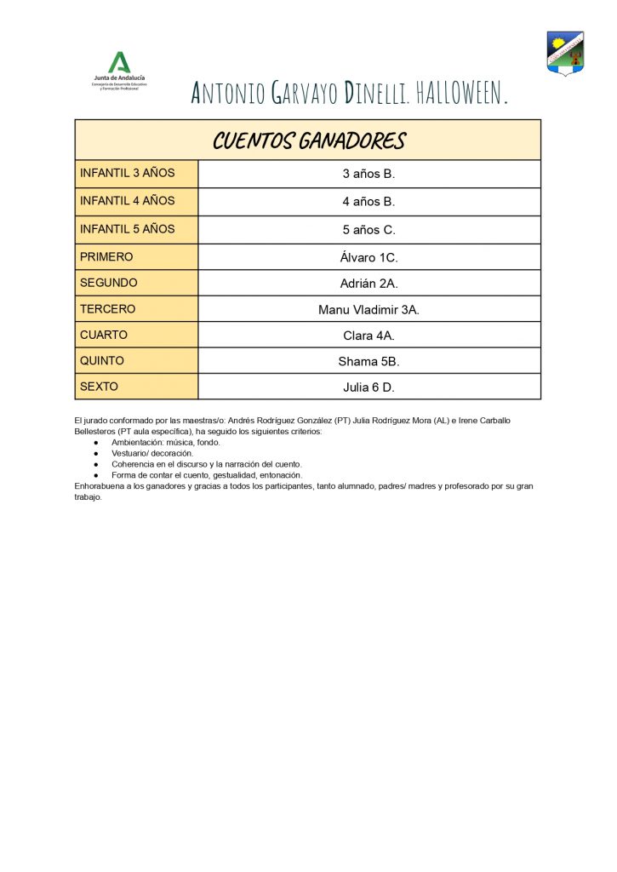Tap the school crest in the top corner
[565, 54]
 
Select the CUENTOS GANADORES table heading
[308, 141]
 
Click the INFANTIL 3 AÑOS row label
[127, 173]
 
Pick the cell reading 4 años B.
[368, 202]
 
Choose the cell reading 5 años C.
[368, 229]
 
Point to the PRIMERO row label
[106, 256]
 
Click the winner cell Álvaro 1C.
[368, 257]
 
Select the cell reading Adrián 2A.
[368, 284]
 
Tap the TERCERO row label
[107, 309]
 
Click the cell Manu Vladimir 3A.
[368, 310]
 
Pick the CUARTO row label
[103, 335]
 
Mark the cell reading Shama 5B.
[368, 361]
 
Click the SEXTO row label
[99, 386]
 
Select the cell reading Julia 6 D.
[368, 387]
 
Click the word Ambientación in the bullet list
[140, 443]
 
